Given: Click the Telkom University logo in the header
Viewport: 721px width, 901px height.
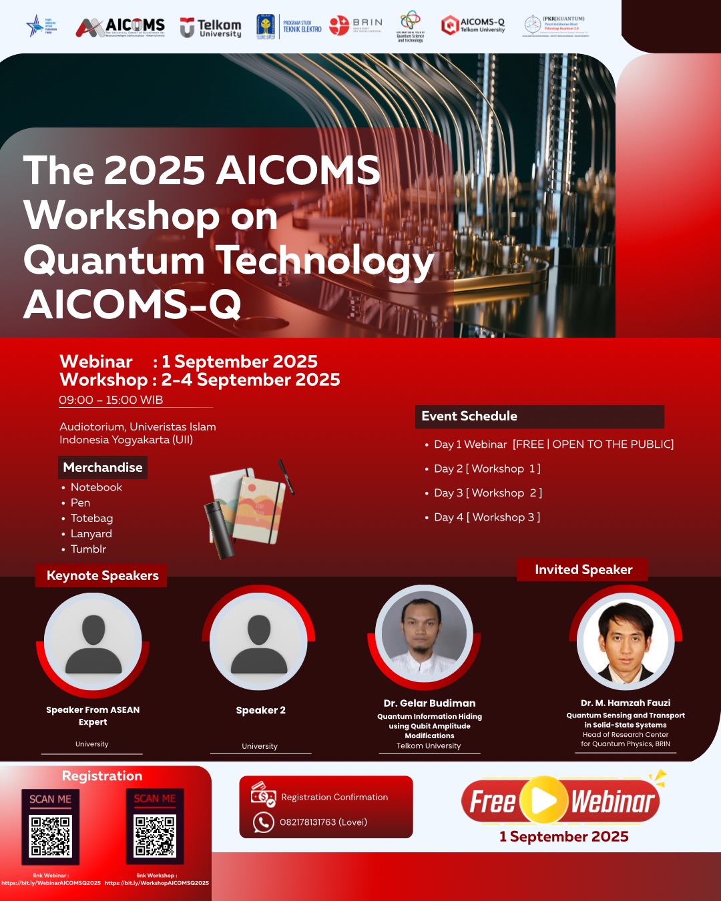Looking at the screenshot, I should (210, 27).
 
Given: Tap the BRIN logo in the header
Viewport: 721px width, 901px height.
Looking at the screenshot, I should (356, 26).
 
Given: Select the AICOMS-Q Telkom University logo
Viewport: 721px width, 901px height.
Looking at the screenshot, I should (473, 25).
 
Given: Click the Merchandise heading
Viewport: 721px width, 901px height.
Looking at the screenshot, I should (103, 467).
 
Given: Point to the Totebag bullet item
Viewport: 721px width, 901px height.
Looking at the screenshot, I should (91, 518).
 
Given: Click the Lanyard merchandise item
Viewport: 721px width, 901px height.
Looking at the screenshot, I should (91, 533).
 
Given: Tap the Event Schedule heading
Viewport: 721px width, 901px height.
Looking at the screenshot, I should (469, 416).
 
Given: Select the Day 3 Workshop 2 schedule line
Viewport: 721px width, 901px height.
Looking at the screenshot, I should (487, 493).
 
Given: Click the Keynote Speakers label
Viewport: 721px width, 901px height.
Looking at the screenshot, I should (102, 575).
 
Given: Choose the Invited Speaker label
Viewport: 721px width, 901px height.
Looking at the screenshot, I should (583, 569).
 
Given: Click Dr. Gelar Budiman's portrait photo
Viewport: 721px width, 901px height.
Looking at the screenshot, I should (424, 633).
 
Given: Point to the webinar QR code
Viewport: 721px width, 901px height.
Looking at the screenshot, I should (51, 835).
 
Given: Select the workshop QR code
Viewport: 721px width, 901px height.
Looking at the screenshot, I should (155, 834).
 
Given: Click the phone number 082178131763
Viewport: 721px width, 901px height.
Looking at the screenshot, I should (323, 822).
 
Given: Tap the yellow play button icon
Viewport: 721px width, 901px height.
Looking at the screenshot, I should (543, 800).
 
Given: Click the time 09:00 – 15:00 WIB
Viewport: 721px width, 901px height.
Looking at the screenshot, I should (111, 400).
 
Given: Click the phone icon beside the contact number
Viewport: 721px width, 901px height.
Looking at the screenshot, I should (264, 822).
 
